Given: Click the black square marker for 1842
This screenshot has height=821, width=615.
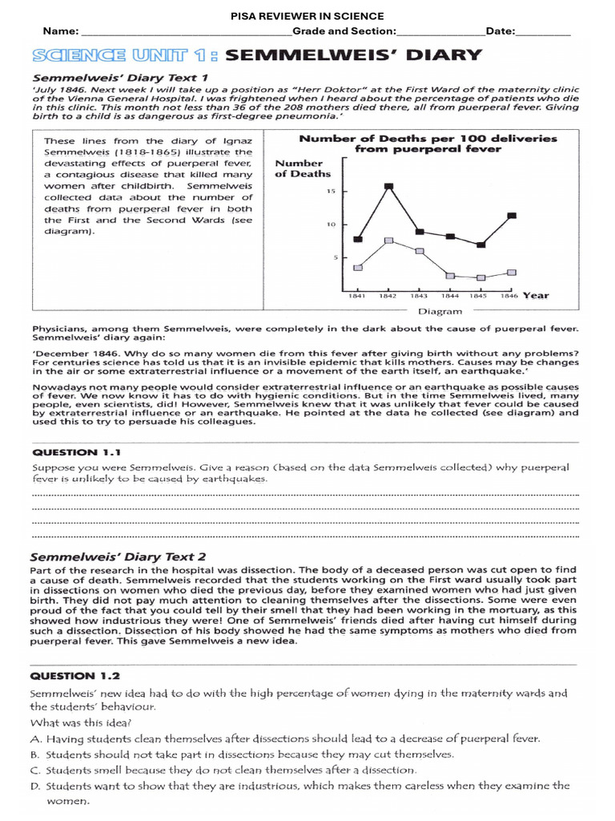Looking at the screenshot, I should [x=388, y=187].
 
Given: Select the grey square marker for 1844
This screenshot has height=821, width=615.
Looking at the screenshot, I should [x=450, y=276].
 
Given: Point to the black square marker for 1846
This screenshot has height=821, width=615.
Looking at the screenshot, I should [x=512, y=216].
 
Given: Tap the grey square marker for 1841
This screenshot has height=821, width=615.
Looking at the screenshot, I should [x=358, y=268].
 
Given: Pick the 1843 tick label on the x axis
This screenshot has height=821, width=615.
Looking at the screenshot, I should [x=419, y=296].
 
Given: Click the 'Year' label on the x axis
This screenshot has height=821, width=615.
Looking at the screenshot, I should [x=537, y=295].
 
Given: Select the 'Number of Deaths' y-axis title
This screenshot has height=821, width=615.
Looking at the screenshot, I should [x=303, y=168].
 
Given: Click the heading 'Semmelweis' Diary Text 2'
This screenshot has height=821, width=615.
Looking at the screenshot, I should [x=118, y=556].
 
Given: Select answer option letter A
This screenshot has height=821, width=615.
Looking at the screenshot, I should [x=35, y=738].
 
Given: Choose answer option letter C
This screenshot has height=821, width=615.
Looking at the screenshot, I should [x=35, y=770].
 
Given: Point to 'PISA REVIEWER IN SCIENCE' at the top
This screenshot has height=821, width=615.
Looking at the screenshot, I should [x=307, y=16].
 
